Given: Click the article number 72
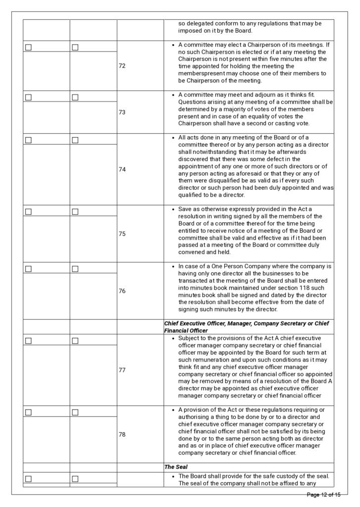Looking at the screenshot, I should pos(122,66).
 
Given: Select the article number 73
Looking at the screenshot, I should pos(122,112).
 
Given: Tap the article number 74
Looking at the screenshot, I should pos(122,169).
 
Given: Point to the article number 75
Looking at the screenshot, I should pos(122,234).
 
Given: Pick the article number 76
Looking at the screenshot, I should pos(122,291).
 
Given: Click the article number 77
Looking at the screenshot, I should pos(122,370).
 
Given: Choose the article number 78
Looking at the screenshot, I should pos(122,434).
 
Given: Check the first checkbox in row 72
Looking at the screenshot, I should pos(28,48).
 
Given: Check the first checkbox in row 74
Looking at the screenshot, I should pos(28,140).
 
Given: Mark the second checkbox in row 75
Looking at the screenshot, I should pos(75,212).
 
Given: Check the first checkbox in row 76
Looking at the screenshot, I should pos(28,269).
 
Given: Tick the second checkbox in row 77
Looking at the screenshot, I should pos(75,341).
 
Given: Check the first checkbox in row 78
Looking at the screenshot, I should pos(28,412).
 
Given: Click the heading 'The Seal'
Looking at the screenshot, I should pos(175,467).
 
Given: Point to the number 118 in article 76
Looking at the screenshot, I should pos(287,288).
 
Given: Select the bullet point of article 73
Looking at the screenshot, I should pos(172,95).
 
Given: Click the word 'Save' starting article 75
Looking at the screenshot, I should pos(185,209).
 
